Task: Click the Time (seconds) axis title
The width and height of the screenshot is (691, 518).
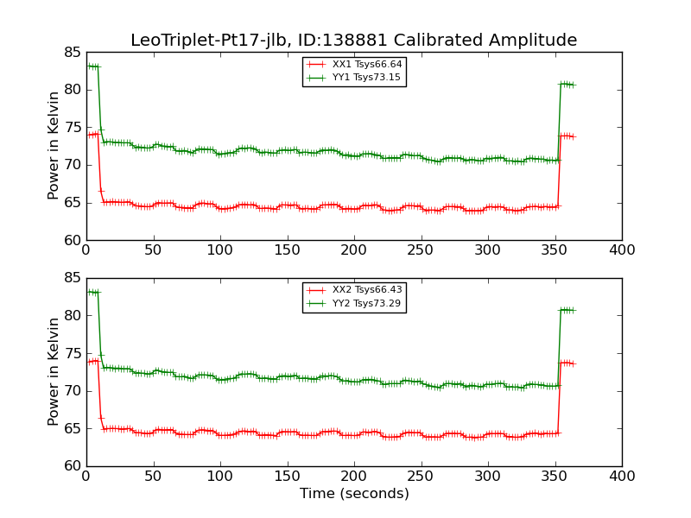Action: [x=354, y=494]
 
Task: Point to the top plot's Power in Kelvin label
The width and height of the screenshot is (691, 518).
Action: [x=54, y=146]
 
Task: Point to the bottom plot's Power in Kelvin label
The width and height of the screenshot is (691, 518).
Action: [x=54, y=372]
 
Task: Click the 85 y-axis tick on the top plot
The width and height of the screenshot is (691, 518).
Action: [x=72, y=53]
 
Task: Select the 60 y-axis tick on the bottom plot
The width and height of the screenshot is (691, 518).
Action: [x=72, y=466]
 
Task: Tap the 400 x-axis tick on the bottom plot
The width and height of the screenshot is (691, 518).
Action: [x=622, y=476]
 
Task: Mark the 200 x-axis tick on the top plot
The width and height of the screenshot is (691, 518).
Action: [x=354, y=250]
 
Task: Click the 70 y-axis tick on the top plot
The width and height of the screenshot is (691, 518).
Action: [x=72, y=165]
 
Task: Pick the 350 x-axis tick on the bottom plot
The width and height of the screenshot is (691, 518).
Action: [x=555, y=476]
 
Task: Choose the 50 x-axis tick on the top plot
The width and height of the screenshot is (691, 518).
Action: [x=153, y=250]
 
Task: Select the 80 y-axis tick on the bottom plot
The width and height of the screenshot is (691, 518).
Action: [x=72, y=316]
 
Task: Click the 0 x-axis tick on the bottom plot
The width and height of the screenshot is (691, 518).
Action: [x=86, y=476]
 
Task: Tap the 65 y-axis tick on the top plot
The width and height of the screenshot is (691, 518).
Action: [x=72, y=203]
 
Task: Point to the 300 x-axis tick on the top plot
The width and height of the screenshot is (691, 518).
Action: [x=488, y=250]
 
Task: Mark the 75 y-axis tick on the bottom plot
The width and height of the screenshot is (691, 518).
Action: [x=72, y=354]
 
